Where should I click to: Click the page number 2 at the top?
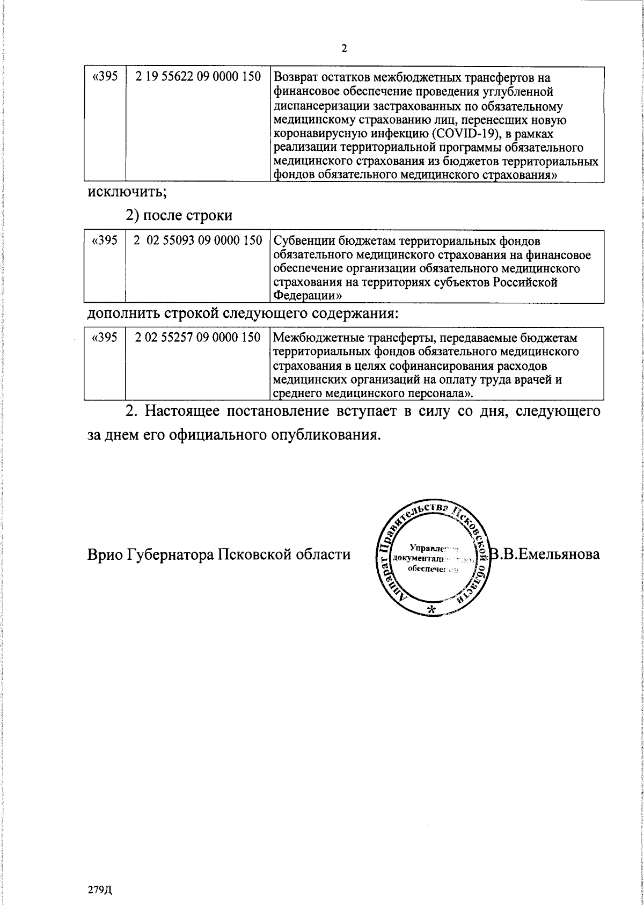point(344,49)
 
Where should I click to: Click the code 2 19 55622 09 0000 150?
point(199,77)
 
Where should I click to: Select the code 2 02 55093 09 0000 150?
point(199,241)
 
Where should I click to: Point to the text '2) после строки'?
point(179,216)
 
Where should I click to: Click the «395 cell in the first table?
point(105,77)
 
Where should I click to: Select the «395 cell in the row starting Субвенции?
point(105,241)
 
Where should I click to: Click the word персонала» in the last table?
point(430,393)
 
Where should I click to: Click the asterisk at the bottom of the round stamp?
point(430,609)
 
